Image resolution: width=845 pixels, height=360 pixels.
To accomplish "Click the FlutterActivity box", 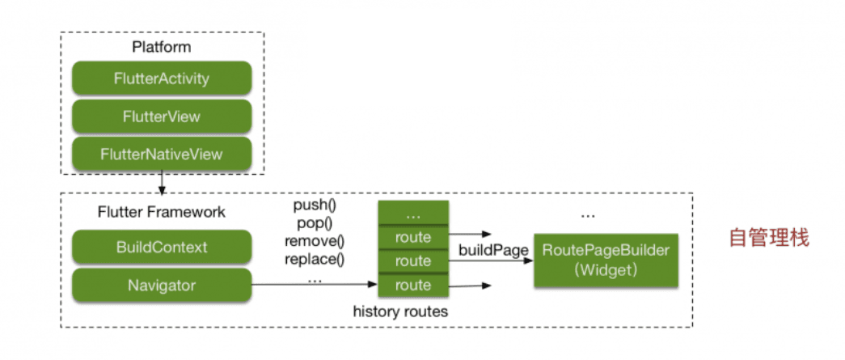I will [x=162, y=78].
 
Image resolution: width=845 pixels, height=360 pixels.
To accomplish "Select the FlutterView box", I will [x=162, y=116].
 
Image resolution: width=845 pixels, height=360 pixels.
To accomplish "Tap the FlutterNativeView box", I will [x=162, y=153].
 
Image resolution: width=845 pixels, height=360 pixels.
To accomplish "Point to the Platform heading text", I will [x=162, y=47].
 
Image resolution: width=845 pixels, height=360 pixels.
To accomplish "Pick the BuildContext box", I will [x=162, y=248].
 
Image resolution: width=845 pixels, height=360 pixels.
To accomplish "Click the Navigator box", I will [x=162, y=285].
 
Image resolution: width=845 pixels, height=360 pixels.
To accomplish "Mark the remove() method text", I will [x=315, y=241].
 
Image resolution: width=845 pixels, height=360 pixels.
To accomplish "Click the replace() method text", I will [x=315, y=260].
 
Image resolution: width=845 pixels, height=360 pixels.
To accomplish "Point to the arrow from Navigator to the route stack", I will [x=315, y=285].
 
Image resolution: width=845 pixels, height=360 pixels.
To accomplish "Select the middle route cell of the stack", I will [x=413, y=261].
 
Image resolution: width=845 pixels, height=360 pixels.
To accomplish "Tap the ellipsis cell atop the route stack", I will [x=413, y=214].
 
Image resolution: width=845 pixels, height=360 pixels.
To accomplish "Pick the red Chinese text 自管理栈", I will [x=767, y=239].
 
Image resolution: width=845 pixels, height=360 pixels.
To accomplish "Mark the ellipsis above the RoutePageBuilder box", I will [x=589, y=216].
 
